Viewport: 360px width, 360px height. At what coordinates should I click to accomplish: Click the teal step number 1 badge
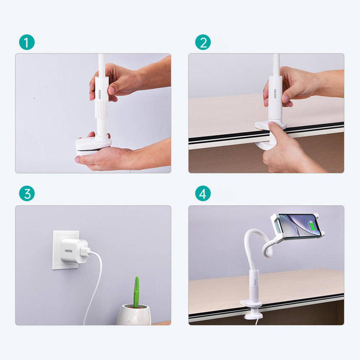coord(27,42)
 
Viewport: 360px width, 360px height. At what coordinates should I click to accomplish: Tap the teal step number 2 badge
coord(203,42)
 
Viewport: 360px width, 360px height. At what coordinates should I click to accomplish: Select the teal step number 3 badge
coord(27,194)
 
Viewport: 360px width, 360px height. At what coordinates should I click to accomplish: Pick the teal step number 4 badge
coord(203,194)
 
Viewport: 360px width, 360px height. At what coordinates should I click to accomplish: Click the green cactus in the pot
coord(136,292)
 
